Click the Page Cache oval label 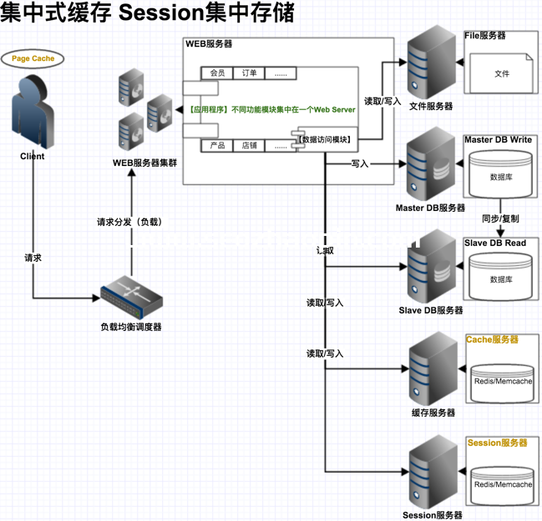coord(33,59)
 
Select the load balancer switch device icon coord(131,296)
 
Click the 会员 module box coord(218,73)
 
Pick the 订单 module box coord(249,73)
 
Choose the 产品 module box coord(218,145)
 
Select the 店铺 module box coord(249,145)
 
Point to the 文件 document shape coord(501,73)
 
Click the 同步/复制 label coord(500,218)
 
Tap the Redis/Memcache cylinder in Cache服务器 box coord(502,380)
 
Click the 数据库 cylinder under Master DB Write coord(501,177)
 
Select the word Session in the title coord(164,14)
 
